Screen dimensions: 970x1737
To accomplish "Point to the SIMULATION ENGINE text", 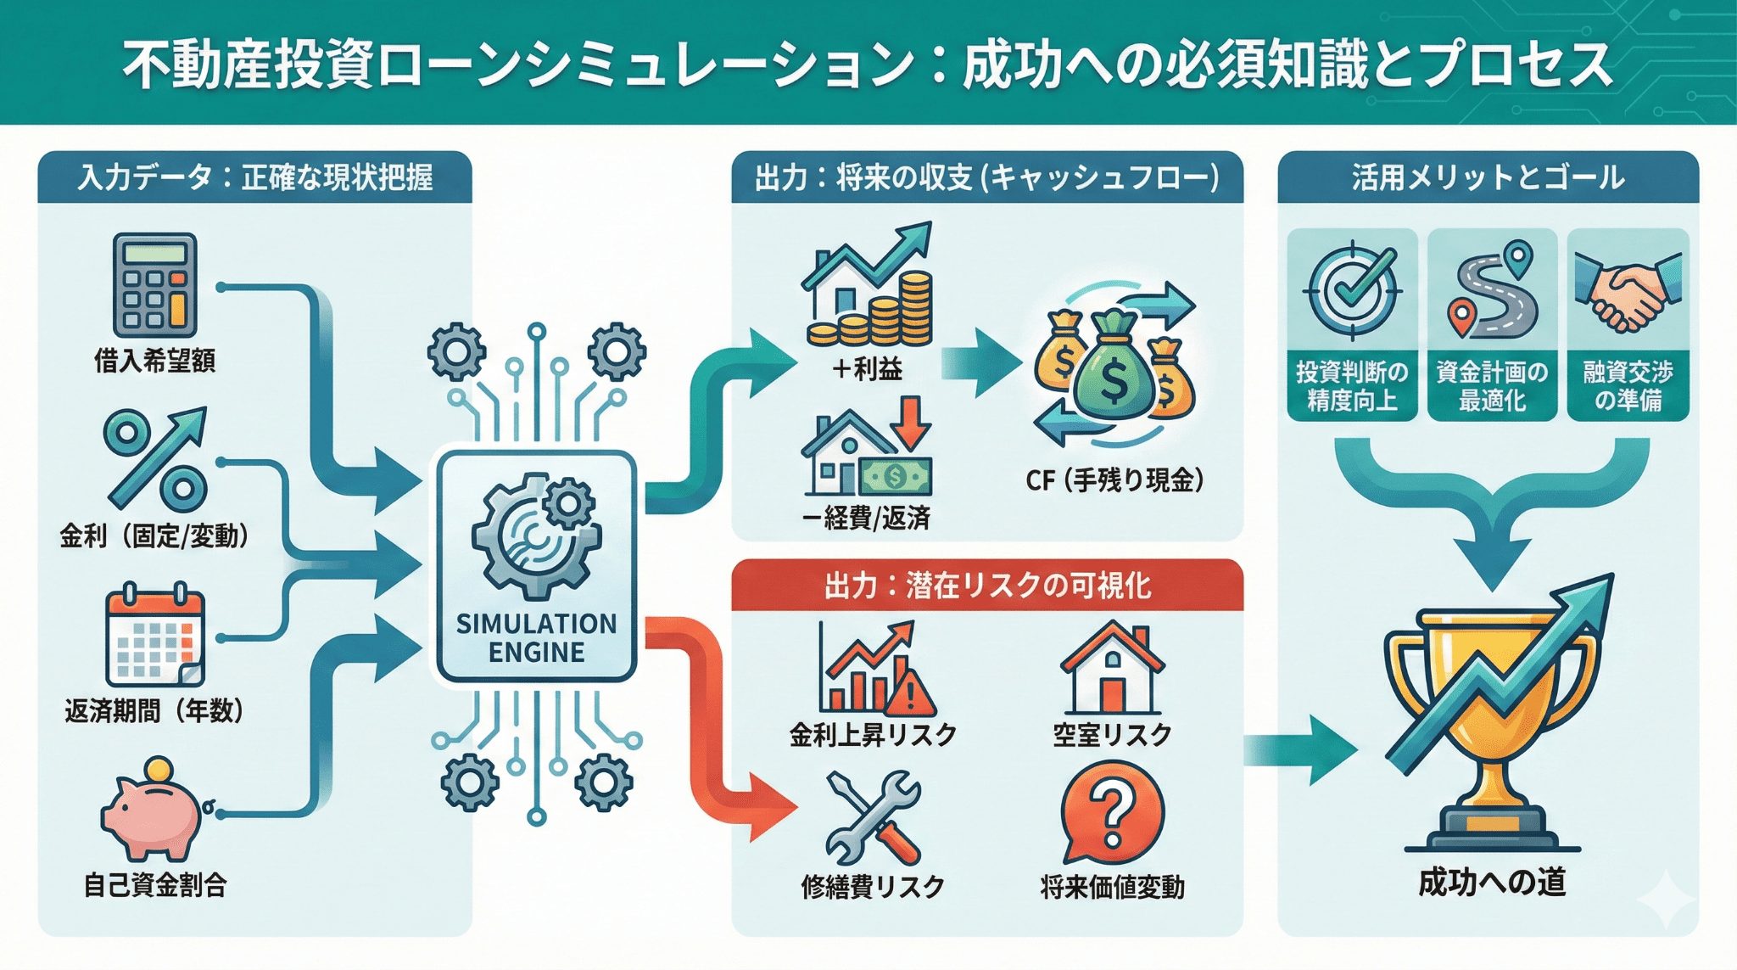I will coord(536,638).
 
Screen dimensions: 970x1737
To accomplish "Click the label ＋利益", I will coord(867,369).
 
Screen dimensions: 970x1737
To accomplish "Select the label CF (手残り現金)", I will coord(1114,480).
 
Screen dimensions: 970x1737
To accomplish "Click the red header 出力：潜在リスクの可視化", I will coord(987,586).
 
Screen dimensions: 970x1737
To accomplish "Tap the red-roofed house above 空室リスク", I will coord(1112,670).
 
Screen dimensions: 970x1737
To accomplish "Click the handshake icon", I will coord(1627,289).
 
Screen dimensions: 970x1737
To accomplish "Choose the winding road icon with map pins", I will coord(1492,289).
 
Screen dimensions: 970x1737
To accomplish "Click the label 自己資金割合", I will coord(154,884).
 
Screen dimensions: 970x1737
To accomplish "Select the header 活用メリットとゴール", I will coord(1488,177).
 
